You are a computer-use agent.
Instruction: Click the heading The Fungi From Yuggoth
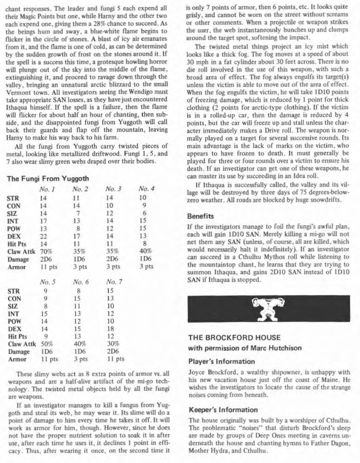(x=48, y=179)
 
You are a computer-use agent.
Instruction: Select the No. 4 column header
(x=147, y=189)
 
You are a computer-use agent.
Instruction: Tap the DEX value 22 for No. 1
(x=44, y=236)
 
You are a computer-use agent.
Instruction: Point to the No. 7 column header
(x=114, y=282)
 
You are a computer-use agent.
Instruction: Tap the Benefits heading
(x=200, y=217)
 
